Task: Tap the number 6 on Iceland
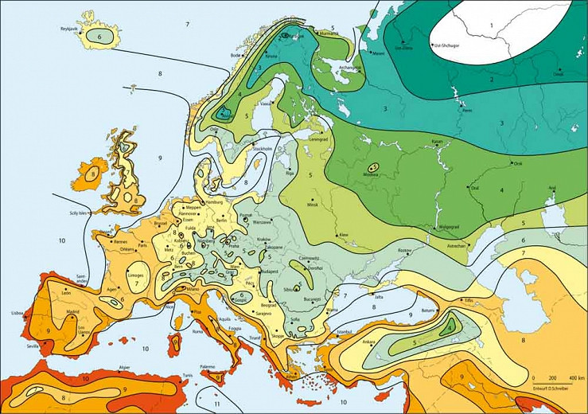tap(100, 37)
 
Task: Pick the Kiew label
tap(343, 236)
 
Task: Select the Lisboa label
tap(18, 314)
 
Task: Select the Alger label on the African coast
tap(123, 368)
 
